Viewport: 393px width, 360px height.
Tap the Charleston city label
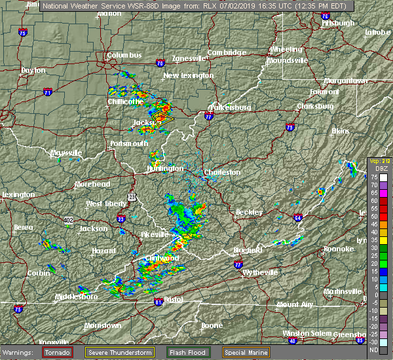(222, 172)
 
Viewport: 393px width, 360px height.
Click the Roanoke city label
(340, 249)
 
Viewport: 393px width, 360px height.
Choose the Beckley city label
(249, 212)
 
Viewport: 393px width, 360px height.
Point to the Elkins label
(341, 131)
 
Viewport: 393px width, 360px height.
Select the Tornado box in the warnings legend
(58, 352)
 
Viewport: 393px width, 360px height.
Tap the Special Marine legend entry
(245, 352)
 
